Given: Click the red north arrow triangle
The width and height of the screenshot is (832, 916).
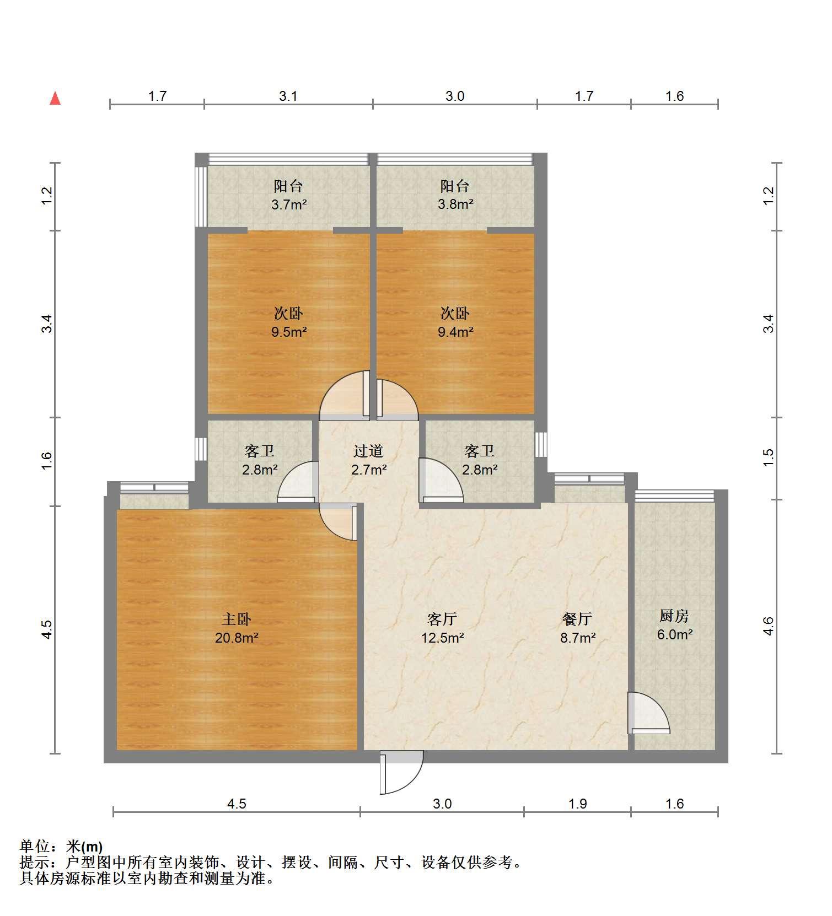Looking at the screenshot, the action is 55,99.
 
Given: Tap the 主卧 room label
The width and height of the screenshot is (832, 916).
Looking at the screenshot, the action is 237,619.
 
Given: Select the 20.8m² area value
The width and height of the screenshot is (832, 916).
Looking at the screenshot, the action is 237,638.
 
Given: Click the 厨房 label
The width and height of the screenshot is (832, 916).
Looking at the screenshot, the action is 674,616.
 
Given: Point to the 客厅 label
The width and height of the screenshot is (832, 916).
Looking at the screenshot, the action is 442,619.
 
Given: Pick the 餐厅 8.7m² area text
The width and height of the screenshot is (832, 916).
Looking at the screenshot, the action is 577,638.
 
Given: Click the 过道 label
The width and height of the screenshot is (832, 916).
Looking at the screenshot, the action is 368,451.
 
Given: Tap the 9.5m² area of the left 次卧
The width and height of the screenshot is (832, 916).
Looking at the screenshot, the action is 289,332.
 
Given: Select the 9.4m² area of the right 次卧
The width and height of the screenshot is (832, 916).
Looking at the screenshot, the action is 455,332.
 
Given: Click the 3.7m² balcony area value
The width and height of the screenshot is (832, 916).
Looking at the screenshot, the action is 288,204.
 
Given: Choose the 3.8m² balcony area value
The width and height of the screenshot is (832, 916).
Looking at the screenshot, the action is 455,204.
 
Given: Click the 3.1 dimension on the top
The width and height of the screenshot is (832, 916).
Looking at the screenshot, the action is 288,96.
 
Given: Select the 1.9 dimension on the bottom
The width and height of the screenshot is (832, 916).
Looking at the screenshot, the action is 577,804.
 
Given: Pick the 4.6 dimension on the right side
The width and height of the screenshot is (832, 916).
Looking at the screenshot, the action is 769,626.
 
